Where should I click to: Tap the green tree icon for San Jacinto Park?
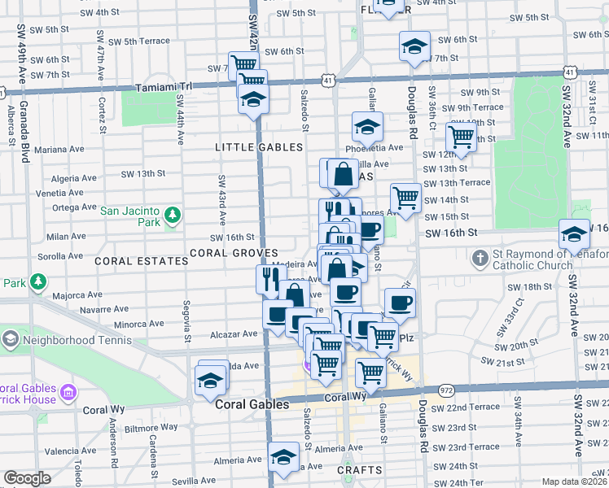pos(172,215)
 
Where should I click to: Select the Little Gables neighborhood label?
pos(259,147)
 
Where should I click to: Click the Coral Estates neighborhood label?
pos(142,261)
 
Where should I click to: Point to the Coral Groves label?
pos(234,253)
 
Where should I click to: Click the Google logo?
pos(27,478)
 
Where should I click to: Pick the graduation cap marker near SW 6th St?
pos(414,46)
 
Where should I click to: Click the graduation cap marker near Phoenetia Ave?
pos(367,126)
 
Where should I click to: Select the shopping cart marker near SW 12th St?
pos(461,136)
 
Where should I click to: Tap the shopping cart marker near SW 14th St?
pos(405,197)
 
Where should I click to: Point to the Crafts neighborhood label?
pos(359,470)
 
